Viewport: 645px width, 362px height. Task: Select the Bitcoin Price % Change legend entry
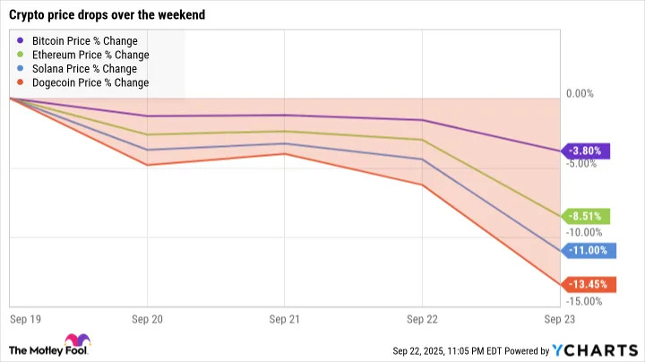coord(83,41)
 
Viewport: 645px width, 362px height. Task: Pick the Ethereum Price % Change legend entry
coord(89,55)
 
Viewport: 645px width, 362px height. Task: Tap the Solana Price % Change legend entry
coord(83,69)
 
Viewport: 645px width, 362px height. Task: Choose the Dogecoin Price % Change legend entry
coord(89,82)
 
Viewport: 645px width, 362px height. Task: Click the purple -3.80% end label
coord(587,151)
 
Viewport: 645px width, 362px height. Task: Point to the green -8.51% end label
coord(587,216)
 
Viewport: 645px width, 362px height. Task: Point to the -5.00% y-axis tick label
coord(583,163)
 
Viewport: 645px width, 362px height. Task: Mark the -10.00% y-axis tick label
coord(585,232)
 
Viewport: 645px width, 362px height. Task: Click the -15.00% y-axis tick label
coord(585,301)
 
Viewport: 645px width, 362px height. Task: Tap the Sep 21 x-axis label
coord(283,318)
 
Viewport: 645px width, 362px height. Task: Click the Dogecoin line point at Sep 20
coord(146,165)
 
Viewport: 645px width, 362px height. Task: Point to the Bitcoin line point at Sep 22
coord(422,120)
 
